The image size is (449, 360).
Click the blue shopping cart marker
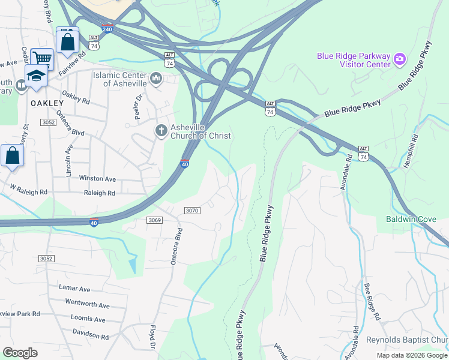42,59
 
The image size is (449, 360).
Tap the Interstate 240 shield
106,28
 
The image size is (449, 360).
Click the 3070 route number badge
191,210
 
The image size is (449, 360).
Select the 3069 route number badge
154,220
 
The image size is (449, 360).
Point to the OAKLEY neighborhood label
43,103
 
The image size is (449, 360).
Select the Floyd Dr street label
152,339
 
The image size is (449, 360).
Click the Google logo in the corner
20,353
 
